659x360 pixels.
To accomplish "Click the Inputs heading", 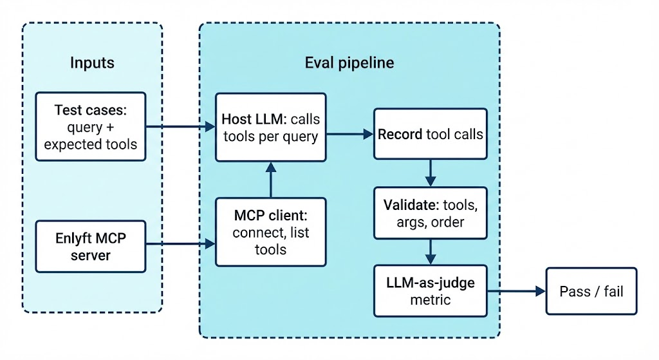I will (x=92, y=62).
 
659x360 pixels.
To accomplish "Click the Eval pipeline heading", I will (x=349, y=62).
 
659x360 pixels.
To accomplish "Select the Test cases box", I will (x=91, y=127).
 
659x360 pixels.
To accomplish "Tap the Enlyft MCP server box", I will (x=91, y=246).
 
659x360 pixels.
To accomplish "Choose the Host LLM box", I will (x=270, y=127).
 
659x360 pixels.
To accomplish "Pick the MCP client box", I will (x=270, y=232).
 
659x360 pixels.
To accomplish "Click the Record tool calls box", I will (x=430, y=135).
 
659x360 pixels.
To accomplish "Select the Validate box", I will (x=430, y=213).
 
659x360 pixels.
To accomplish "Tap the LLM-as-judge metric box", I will (x=430, y=291).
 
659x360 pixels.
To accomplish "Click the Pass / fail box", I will (x=591, y=291).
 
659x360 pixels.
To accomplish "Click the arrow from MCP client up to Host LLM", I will (x=271, y=180).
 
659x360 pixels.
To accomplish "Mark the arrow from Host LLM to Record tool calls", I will (x=349, y=135).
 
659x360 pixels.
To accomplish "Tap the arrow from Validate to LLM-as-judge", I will (x=430, y=251).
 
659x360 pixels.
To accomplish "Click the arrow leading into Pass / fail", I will (x=515, y=291).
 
